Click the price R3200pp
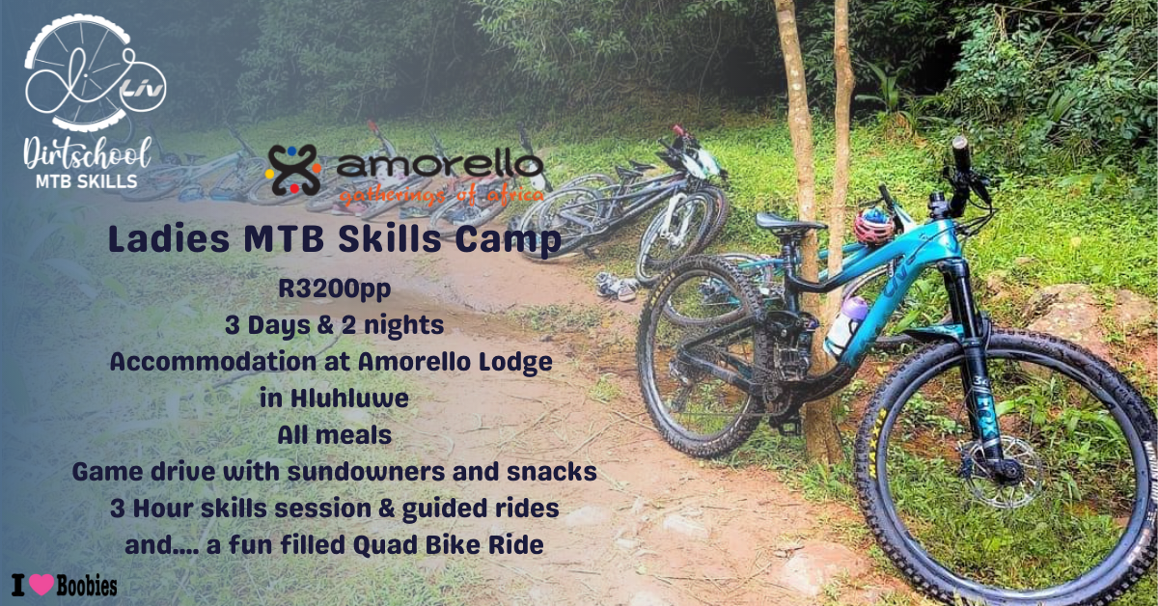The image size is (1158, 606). point(335,289)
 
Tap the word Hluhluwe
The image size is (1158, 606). point(349,399)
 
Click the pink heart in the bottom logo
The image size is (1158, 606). point(41,584)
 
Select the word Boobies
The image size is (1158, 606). point(87,586)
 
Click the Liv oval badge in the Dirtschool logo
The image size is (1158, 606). point(143,90)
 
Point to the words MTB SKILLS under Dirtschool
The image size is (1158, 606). point(86,181)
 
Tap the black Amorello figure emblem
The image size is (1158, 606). point(293,170)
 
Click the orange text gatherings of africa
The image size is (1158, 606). point(442,196)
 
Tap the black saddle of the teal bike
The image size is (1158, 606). point(787,223)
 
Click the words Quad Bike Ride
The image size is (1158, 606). point(448,546)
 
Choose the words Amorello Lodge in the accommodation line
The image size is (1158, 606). point(455,362)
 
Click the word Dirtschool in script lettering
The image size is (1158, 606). point(86,153)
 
